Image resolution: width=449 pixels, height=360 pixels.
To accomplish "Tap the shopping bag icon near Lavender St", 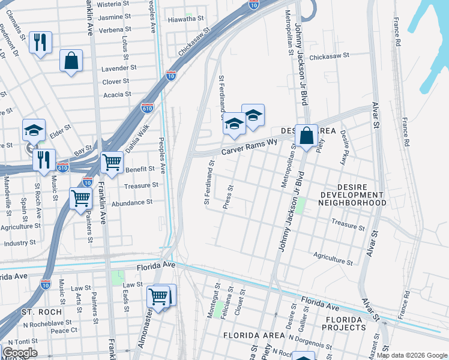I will coord(71,61).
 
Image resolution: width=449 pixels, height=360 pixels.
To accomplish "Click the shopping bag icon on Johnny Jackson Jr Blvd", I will coord(306,136).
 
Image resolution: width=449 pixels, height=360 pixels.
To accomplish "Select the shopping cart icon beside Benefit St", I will coord(112,161).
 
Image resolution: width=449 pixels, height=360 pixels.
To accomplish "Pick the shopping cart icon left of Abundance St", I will coord(80,197).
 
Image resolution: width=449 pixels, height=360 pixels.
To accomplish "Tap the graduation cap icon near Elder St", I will coord(34,130).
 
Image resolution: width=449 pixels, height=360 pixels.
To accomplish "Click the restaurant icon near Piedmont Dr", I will coord(40,42).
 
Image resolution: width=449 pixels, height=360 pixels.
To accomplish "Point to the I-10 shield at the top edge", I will coord(253,5).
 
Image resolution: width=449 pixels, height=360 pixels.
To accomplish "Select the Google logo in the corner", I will coord(20,353).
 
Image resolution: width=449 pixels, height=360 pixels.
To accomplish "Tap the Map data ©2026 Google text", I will coord(411,355).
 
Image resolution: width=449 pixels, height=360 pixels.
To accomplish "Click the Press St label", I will coord(228,197).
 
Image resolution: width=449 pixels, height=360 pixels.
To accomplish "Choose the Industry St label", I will coord(20,243).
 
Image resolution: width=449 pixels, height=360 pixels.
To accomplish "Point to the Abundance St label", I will coord(132,203).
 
